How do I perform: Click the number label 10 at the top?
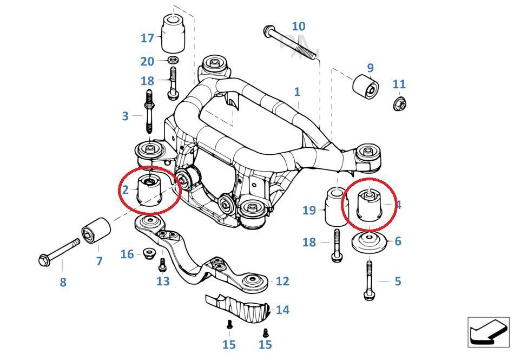coord(298,26)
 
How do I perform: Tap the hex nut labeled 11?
coord(399,102)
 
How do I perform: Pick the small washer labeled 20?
coord(173,60)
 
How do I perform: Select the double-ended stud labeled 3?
coord(150,114)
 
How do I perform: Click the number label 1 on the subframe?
coord(297,91)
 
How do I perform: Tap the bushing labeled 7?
coord(96,232)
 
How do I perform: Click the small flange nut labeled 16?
coord(148,253)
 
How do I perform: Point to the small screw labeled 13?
coord(162,265)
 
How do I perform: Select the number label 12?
coord(282,281)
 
